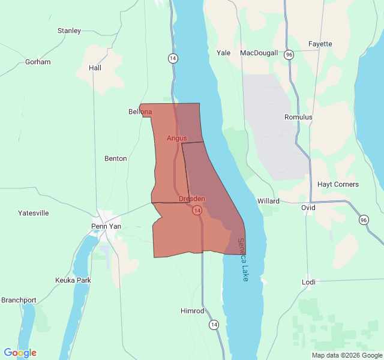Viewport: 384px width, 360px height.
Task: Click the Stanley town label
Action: pos(69,31)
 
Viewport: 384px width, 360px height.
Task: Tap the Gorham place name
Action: pos(38,62)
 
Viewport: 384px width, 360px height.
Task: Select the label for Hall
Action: pos(95,68)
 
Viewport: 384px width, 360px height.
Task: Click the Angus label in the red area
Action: pos(176,138)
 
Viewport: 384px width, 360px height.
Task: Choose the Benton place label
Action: pos(116,158)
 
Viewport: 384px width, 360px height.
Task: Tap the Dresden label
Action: pos(192,199)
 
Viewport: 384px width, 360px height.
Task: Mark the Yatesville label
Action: pos(34,213)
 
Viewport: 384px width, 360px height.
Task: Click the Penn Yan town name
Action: pos(106,226)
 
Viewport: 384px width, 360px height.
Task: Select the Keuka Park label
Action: pos(73,280)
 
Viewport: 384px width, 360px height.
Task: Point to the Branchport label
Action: pos(19,300)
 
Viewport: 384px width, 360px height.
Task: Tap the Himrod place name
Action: pos(193,311)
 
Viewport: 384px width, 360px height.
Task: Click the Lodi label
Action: pos(308,282)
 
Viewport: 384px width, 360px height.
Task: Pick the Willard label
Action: pos(268,201)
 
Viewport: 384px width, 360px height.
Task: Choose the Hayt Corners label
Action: pos(338,184)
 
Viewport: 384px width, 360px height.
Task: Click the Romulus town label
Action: pos(298,117)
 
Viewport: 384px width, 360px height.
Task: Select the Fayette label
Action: pos(320,44)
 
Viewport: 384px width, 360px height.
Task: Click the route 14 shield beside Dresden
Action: pos(196,211)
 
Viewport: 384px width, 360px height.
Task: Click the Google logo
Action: pos(20,353)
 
